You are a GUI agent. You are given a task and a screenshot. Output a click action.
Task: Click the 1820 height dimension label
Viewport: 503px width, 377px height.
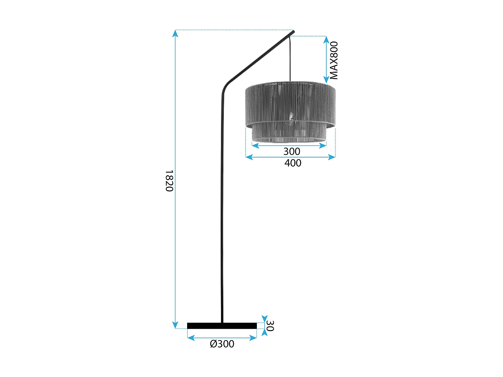point(169,181)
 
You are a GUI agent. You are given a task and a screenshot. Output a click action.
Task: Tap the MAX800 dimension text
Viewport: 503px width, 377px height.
point(334,60)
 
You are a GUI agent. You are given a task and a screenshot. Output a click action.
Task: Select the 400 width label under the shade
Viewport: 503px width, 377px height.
point(293,163)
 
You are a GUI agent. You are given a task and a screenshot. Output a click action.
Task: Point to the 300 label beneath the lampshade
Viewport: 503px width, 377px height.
point(292,151)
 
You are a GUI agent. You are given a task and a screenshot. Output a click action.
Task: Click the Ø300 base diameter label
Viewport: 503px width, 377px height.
point(222,344)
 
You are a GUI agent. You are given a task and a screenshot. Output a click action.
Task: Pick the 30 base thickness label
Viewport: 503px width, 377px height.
point(270,326)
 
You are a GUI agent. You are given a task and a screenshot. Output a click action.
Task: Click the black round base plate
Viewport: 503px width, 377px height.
point(222,326)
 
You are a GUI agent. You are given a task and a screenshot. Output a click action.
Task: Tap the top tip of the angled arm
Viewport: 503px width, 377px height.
point(293,32)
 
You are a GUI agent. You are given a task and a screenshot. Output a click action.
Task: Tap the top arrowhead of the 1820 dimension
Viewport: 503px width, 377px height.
point(175,33)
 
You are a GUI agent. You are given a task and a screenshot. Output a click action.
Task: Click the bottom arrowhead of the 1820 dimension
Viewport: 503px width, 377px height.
point(175,325)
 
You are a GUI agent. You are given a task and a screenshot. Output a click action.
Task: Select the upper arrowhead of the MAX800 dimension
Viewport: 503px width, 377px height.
point(326,39)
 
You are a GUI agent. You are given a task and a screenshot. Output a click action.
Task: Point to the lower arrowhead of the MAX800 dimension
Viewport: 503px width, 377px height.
point(326,80)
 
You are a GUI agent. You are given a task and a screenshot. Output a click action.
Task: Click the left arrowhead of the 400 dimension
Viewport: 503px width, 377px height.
point(248,157)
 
